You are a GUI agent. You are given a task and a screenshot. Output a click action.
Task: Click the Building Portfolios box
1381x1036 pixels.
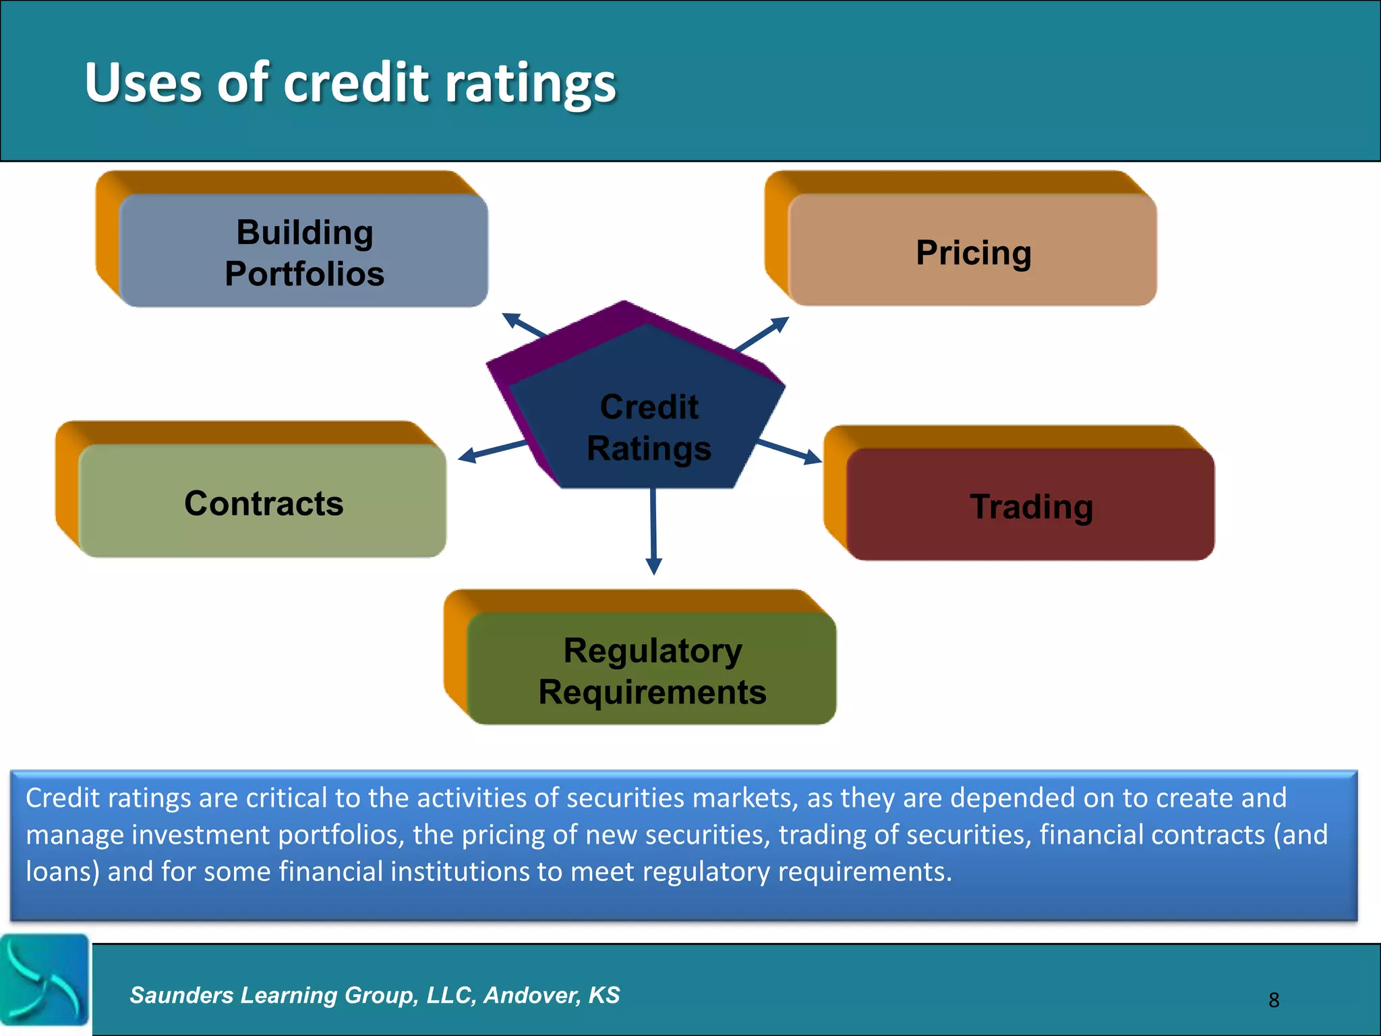(303, 251)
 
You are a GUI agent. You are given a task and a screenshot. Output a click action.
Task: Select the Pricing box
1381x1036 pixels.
(972, 251)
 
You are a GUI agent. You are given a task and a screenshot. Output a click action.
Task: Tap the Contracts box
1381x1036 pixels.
(263, 502)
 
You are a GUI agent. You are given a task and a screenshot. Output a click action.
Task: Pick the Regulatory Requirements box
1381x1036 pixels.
(651, 669)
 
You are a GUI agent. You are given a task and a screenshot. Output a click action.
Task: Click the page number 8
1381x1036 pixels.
(1273, 1000)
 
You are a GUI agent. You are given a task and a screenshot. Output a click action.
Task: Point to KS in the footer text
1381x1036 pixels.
(604, 995)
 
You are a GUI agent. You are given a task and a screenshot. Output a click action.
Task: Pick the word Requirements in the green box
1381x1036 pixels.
(652, 692)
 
